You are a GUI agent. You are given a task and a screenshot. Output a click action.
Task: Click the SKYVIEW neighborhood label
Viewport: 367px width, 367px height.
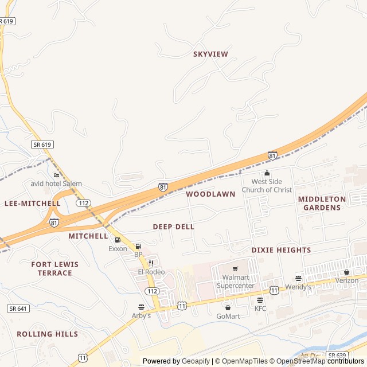pos(210,54)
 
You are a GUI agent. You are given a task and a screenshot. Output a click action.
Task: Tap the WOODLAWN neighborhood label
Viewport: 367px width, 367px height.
pos(210,194)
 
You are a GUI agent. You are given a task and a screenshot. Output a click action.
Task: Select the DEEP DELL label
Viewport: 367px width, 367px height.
pos(173,227)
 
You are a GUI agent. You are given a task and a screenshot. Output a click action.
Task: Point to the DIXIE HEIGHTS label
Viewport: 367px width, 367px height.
pos(281,251)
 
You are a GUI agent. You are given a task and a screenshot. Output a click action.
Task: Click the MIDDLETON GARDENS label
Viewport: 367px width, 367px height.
pos(322,204)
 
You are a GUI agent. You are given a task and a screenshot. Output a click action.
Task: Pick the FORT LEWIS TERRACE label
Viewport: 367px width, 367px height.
pos(55,268)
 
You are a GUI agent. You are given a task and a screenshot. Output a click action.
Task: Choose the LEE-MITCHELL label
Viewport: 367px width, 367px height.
pos(32,204)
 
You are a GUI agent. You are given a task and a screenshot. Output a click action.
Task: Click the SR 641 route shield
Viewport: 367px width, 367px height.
pos(18,309)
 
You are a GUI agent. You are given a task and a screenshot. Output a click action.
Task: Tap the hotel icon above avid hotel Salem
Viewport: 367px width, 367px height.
pos(56,175)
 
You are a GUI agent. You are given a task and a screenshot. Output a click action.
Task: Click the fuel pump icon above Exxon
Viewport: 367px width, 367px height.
pos(118,240)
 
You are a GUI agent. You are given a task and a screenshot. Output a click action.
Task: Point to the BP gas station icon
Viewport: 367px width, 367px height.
pos(138,246)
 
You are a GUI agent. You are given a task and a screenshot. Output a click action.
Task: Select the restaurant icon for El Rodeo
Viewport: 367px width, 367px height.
pos(151,263)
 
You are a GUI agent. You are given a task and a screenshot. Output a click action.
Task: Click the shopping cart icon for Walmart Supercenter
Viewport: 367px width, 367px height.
pos(235,268)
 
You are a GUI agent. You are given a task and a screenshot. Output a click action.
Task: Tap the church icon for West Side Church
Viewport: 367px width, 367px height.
pos(267,173)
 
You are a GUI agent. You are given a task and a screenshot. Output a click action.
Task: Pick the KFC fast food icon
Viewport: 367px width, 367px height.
pos(260,300)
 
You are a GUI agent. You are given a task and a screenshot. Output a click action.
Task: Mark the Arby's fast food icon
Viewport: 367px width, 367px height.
pos(141,307)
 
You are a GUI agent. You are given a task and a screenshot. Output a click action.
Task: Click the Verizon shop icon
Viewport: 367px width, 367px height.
pos(346,272)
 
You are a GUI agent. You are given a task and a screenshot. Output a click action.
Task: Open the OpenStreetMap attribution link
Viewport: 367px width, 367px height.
pos(302,361)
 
